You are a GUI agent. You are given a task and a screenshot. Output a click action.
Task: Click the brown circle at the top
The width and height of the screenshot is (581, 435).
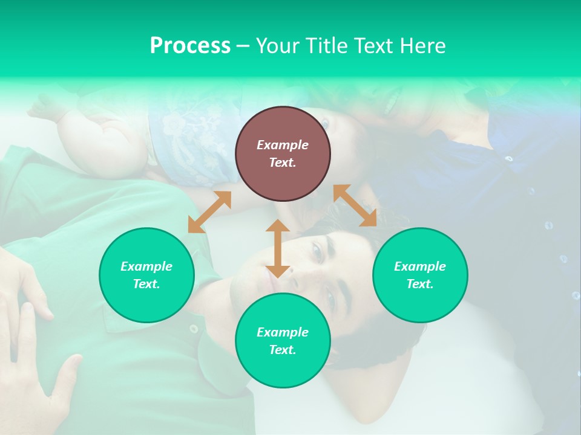(x=283, y=153)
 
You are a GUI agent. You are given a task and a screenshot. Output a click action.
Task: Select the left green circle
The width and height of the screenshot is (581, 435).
(x=146, y=275)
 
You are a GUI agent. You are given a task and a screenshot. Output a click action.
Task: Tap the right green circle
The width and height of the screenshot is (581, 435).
(x=420, y=275)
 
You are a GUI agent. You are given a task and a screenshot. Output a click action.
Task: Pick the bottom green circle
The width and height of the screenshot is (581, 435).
(x=283, y=341)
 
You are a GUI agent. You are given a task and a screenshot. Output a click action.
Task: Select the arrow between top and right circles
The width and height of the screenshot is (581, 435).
(x=355, y=205)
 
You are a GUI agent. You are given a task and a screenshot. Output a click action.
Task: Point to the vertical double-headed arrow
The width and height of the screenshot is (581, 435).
(x=278, y=248)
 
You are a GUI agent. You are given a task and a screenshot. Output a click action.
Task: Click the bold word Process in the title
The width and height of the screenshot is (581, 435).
(x=190, y=45)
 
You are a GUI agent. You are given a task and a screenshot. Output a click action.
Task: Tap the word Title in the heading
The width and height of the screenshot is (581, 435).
(x=328, y=45)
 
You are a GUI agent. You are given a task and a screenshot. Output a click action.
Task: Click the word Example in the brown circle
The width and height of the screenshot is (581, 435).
(x=283, y=145)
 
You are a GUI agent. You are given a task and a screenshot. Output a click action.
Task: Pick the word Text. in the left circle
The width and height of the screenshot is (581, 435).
(x=146, y=284)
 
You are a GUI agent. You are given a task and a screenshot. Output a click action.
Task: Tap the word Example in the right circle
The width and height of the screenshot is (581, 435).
(x=420, y=266)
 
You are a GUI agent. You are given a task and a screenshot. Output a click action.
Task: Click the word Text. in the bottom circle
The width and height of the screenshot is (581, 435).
(x=283, y=350)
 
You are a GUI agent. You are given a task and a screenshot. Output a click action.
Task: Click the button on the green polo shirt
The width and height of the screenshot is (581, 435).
(x=194, y=329)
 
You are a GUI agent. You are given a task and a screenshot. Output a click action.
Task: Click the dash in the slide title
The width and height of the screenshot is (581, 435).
(x=243, y=46)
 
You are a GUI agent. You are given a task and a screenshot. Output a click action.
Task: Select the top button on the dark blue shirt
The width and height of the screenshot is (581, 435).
(x=509, y=159)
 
